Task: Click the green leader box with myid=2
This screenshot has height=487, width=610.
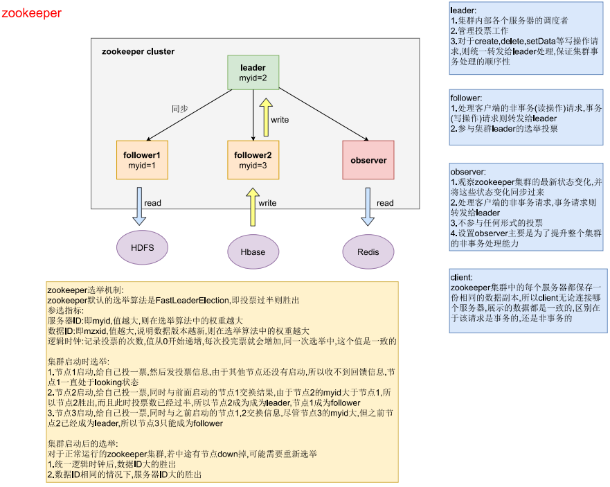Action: coord(253,72)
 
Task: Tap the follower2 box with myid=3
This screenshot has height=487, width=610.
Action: coord(253,160)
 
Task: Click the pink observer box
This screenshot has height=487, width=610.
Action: coord(368,160)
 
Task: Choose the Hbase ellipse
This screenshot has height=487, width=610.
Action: coord(253,251)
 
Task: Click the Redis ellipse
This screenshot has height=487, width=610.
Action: coord(368,251)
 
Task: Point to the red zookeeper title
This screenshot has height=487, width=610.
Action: coord(31,13)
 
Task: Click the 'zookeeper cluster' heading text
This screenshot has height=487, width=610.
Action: coord(138,51)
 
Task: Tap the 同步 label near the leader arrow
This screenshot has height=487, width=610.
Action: coord(181,109)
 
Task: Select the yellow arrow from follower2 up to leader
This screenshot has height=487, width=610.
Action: coord(265,117)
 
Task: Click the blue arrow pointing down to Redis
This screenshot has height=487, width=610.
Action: coord(368,206)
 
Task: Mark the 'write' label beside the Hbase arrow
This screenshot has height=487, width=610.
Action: coord(267,203)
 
